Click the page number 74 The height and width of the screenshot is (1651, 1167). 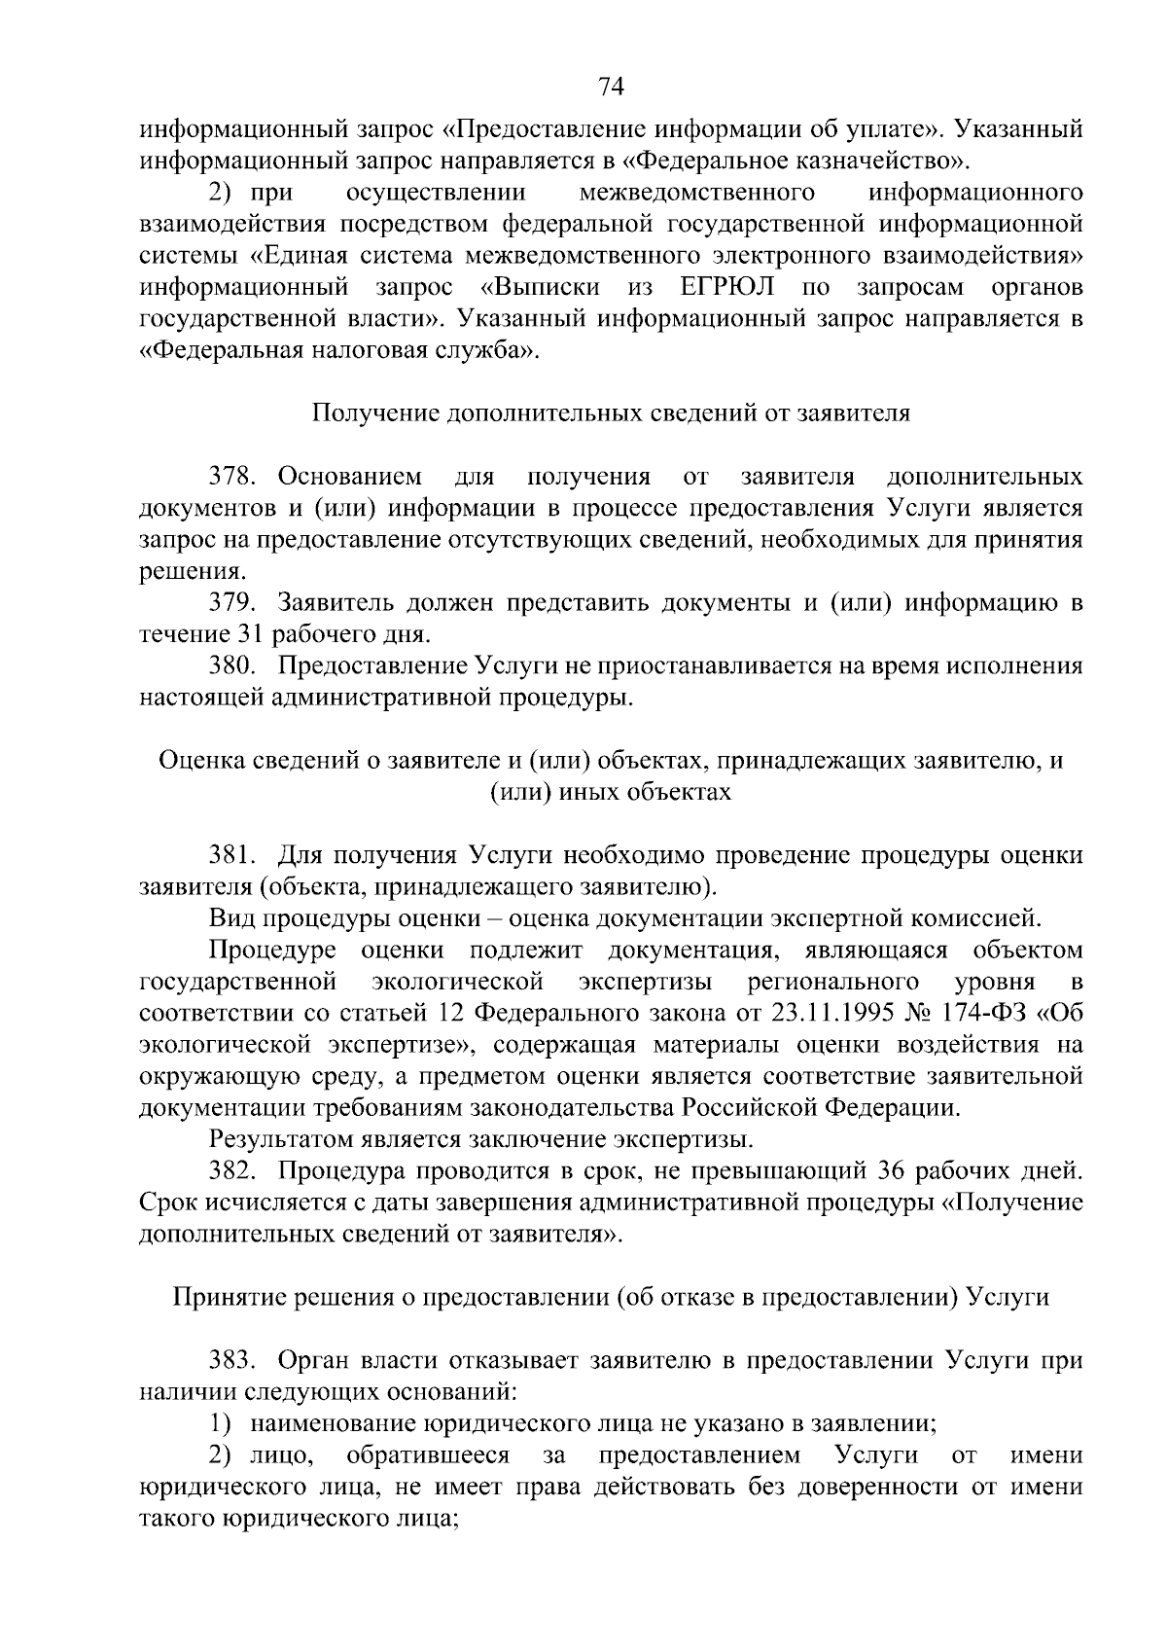[x=610, y=88]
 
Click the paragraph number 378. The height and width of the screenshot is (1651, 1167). [x=233, y=477]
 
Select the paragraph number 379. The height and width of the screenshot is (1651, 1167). [x=233, y=603]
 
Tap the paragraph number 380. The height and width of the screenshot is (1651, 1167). [x=233, y=666]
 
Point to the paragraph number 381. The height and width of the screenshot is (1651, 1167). [x=233, y=855]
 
